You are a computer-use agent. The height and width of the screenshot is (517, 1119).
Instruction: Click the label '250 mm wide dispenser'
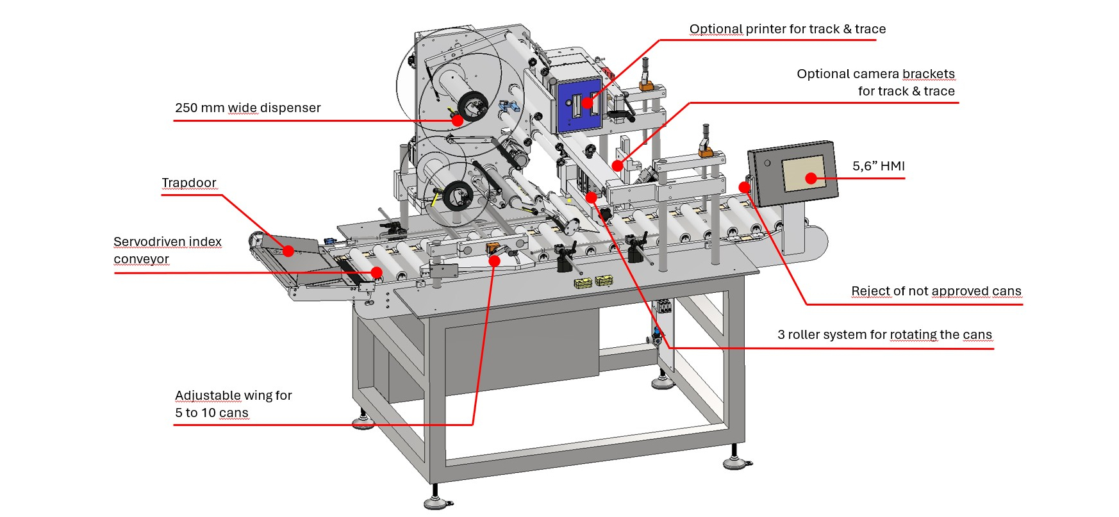(247, 108)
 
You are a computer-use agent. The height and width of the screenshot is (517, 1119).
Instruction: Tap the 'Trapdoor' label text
(189, 183)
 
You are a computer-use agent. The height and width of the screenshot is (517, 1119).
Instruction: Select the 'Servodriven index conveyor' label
(167, 250)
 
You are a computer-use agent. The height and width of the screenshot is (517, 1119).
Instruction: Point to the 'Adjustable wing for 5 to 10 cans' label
(233, 404)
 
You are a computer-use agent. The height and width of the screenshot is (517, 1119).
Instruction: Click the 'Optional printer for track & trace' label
(788, 29)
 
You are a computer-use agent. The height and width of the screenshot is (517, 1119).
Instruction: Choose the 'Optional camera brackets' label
(875, 82)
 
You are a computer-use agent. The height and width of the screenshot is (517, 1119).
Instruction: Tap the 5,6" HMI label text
(879, 166)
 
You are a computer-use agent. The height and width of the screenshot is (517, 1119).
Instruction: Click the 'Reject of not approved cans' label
(936, 291)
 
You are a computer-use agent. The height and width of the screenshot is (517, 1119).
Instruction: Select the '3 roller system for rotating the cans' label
(884, 334)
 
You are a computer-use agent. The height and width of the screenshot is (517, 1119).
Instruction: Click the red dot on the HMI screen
(811, 179)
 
